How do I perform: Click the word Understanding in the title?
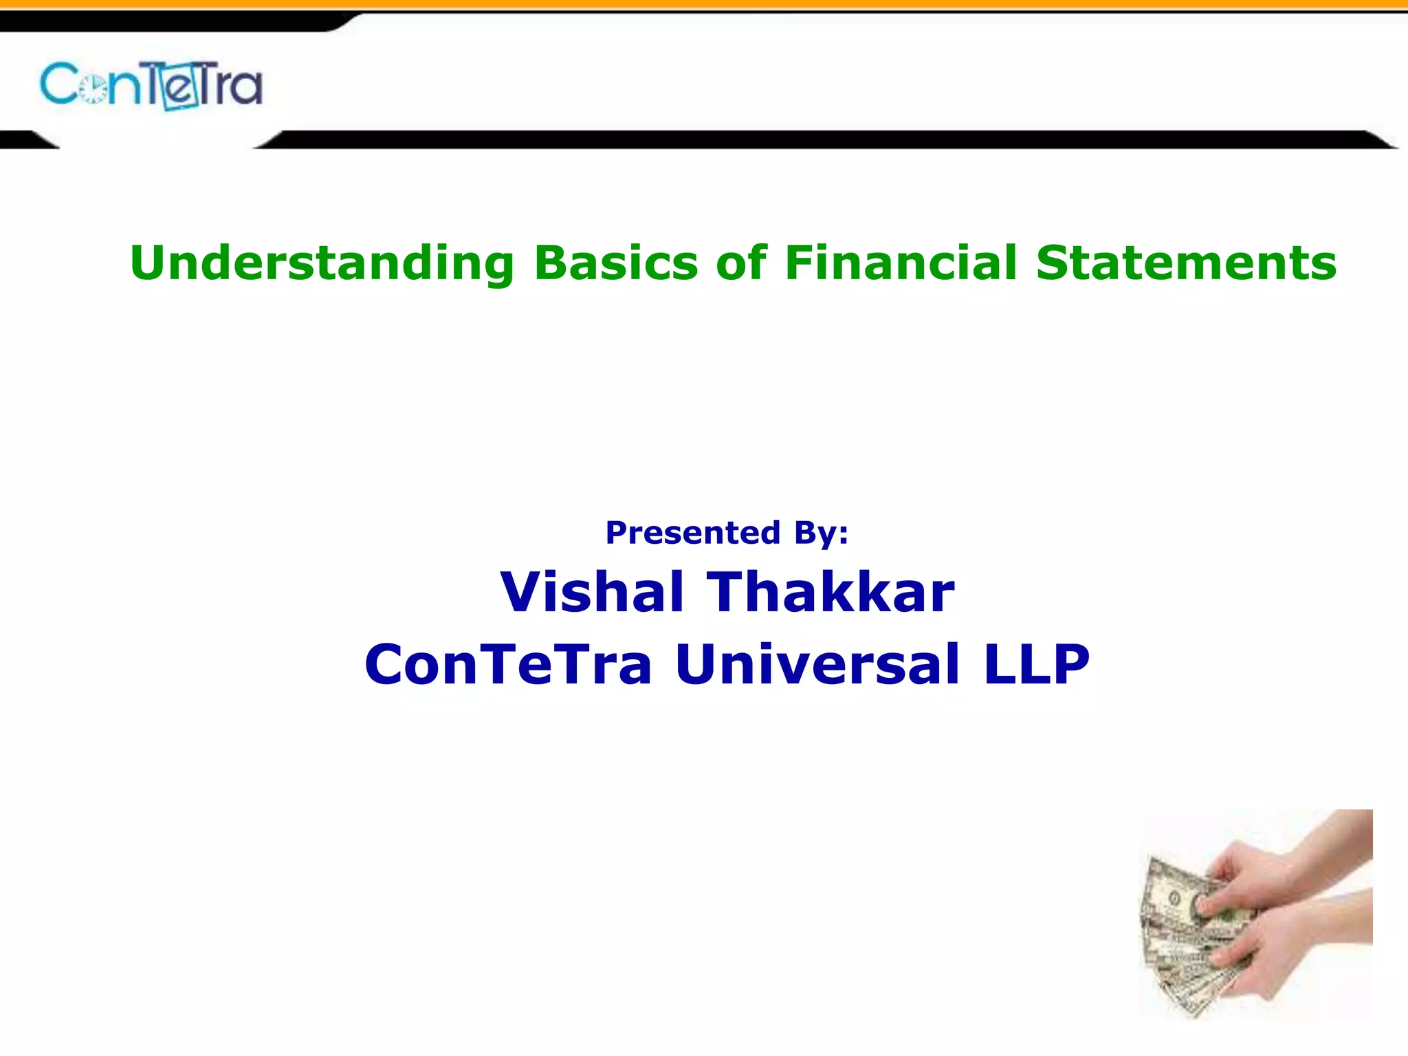point(322,264)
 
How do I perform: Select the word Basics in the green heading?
point(616,263)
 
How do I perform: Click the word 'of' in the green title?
point(741,263)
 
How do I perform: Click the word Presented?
point(693,533)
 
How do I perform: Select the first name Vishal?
point(592,592)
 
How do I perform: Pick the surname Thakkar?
point(830,592)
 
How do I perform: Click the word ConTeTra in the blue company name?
point(508,664)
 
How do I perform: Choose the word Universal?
point(817,664)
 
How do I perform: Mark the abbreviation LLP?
point(1037,664)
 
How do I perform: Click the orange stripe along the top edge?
point(704,4)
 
